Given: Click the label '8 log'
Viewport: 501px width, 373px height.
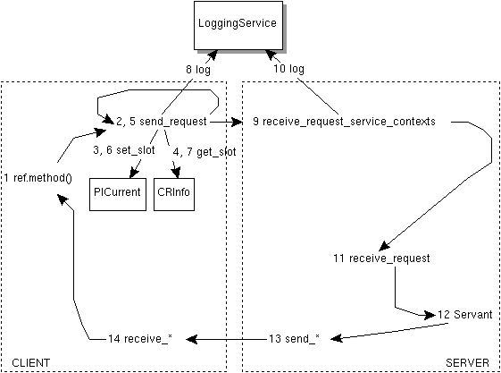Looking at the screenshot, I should point(199,67).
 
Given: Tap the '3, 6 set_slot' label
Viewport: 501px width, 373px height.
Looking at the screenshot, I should point(123,152).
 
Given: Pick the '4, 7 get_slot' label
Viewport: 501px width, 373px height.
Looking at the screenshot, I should point(203,152).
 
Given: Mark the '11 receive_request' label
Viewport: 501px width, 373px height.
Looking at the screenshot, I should point(381,259).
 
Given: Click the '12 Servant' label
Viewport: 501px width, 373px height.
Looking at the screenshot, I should point(465,316).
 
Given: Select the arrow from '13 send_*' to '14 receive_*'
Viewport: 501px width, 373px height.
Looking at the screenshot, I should point(223,338).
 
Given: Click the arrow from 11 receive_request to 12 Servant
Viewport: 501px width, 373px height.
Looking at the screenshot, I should point(397,291).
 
